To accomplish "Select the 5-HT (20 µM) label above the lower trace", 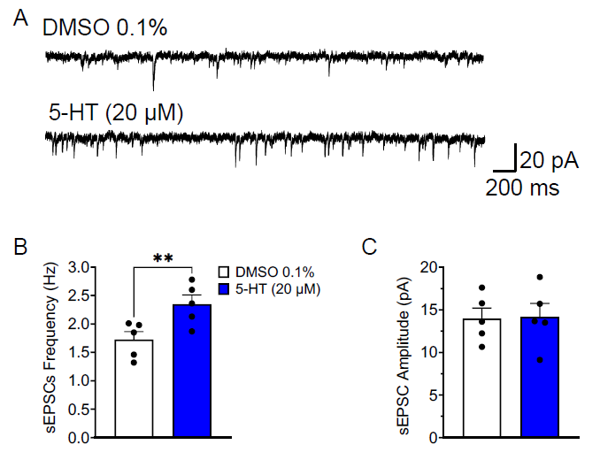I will point(113,112).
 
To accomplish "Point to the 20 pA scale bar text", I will point(549,160).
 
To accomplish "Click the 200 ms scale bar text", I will point(521,188).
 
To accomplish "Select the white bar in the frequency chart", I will point(135,389).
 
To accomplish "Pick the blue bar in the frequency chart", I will point(192,372).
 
